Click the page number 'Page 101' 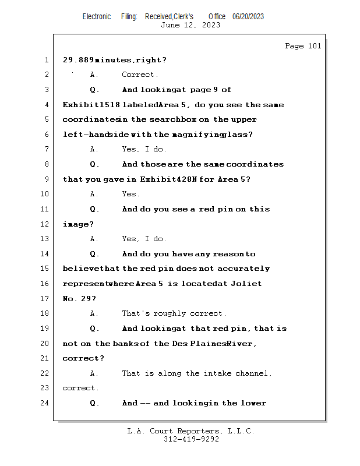tap(303, 46)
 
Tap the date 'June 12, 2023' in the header tap(190, 25)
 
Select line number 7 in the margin tap(45, 149)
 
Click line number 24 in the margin tap(45, 403)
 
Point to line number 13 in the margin tap(45, 239)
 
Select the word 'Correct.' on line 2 tap(140, 75)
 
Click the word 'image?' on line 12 tap(78, 224)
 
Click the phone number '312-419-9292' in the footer tap(191, 439)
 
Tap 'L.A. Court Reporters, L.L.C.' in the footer tap(191, 431)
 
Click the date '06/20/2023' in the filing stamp tap(248, 16)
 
